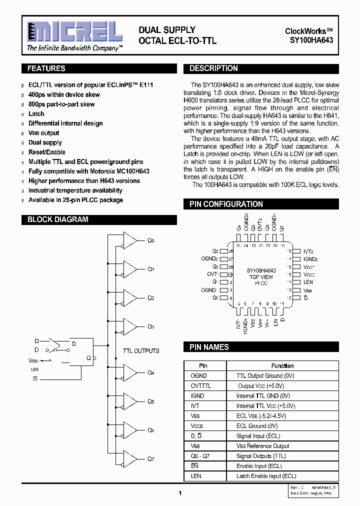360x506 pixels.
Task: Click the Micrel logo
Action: pos(74,32)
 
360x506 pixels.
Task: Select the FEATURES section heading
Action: pos(46,68)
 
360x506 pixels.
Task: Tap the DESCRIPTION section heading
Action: pos(213,68)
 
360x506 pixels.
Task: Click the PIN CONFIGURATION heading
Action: pos(226,204)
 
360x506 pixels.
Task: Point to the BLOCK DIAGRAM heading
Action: pos(57,219)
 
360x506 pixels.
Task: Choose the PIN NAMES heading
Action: pos(209,347)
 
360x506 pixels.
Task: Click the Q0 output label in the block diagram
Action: pos(150,240)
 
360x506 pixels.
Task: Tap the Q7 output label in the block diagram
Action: pos(150,458)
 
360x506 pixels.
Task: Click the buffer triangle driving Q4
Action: pos(129,372)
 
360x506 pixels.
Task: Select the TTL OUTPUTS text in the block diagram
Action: pos(141,351)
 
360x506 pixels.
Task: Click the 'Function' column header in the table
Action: pos(282,366)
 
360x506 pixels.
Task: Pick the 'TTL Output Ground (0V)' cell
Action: pos(263,375)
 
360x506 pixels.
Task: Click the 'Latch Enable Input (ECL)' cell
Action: pos(266,476)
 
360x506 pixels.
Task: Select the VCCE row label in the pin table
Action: pos(197,426)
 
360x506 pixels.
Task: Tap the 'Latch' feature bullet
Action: pos(36,114)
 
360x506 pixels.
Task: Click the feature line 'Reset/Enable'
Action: pos(47,152)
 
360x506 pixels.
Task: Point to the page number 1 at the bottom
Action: pos(179,493)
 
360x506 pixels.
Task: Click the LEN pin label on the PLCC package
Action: pos(308,282)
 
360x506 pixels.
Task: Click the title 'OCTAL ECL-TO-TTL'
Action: pos(177,41)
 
